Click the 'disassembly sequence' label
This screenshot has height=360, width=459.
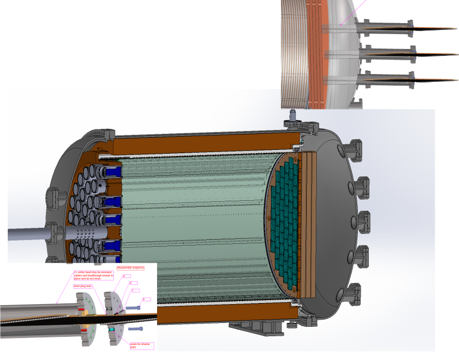131,268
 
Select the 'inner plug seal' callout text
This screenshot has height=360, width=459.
82,286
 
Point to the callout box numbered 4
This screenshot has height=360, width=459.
127,276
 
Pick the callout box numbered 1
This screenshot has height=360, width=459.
147,299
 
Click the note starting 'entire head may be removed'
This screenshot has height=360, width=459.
93,275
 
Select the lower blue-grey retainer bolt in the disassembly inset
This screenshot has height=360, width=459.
136,328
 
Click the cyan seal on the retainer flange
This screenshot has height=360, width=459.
111,330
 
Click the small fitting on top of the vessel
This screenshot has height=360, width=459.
292,117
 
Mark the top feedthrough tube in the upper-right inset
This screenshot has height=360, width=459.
387,28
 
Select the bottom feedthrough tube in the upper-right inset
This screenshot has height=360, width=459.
387,79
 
